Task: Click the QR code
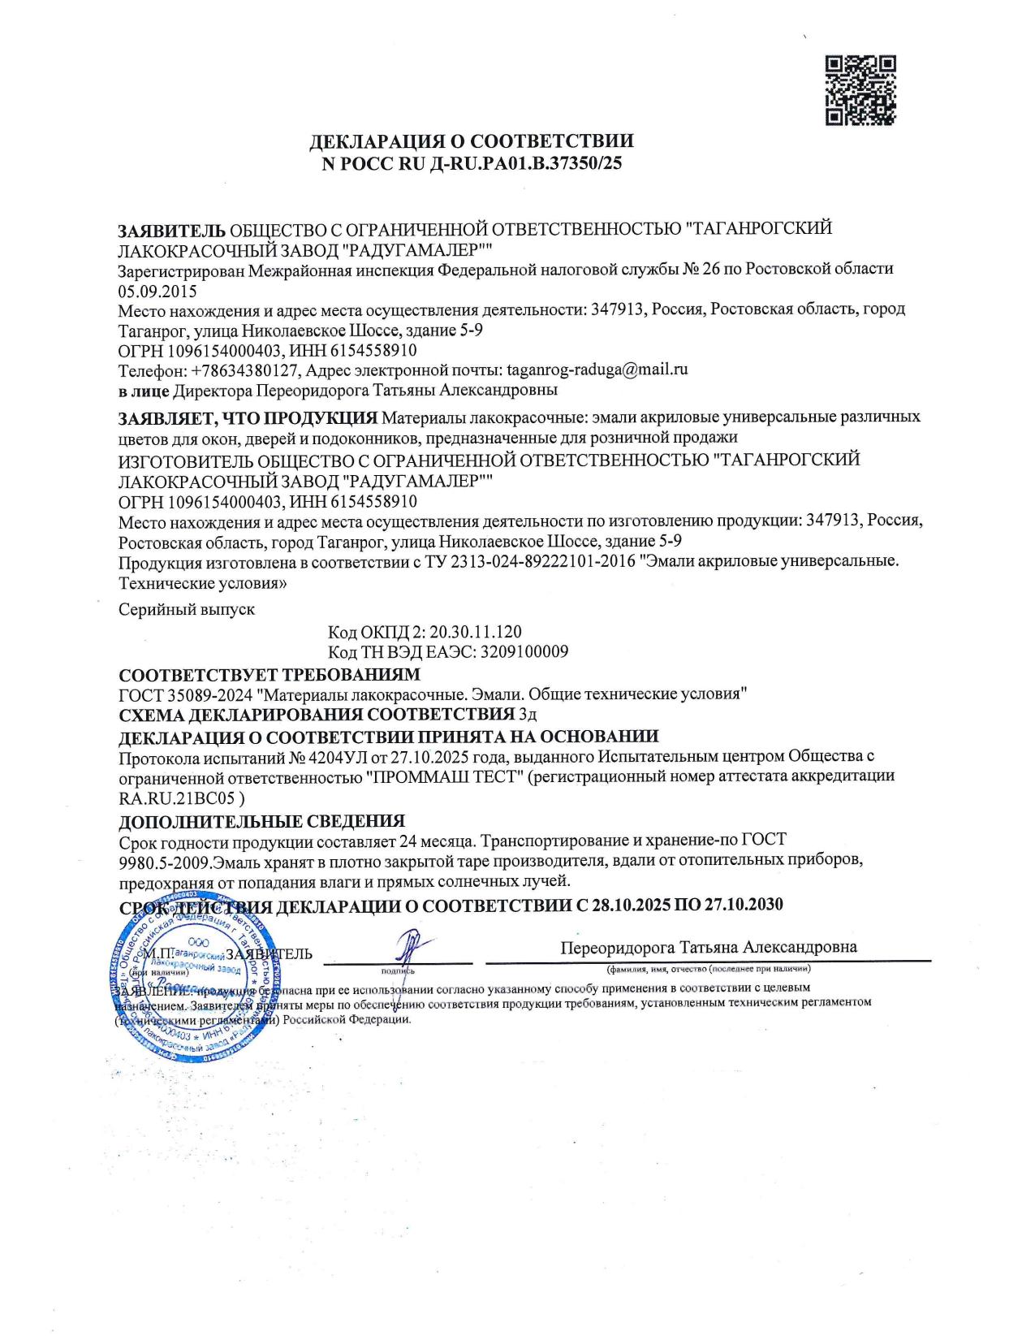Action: [860, 90]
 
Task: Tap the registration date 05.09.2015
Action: [157, 290]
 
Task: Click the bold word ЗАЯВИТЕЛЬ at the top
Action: [172, 229]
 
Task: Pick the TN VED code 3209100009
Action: [524, 651]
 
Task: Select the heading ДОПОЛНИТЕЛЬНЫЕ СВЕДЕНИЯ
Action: [261, 821]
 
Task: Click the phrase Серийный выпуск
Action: [187, 609]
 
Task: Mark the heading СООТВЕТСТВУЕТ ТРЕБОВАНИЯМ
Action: [270, 674]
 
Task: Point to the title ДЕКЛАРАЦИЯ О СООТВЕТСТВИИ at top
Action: [472, 140]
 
